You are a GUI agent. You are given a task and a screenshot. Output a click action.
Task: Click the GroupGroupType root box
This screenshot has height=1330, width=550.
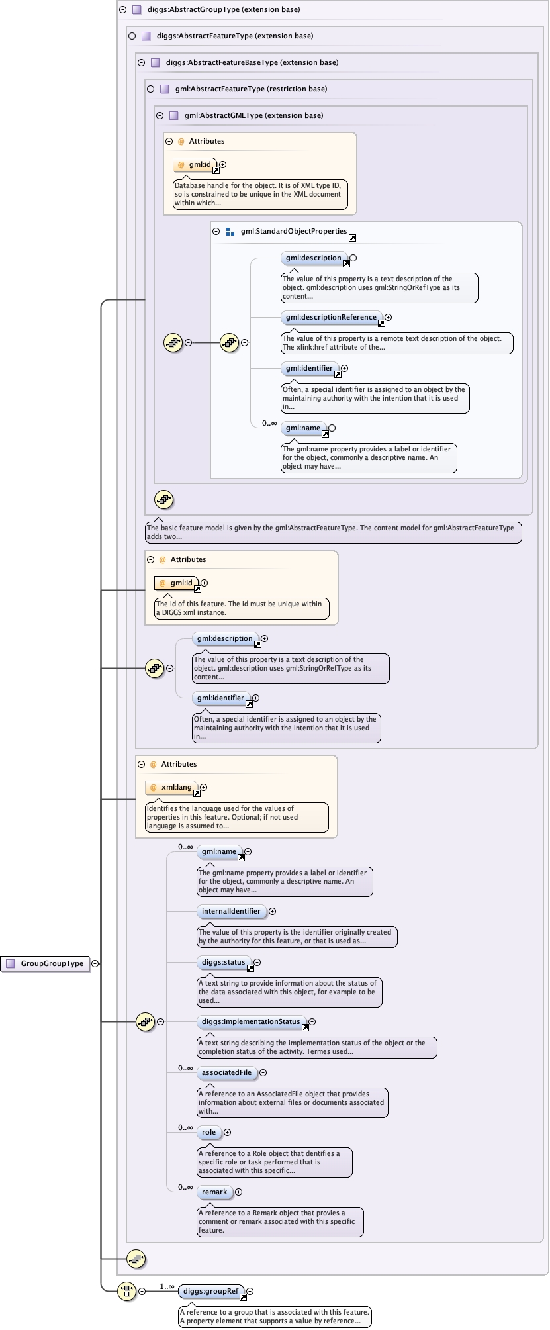[46, 963]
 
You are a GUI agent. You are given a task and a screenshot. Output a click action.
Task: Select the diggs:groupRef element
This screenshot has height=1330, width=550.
[210, 1290]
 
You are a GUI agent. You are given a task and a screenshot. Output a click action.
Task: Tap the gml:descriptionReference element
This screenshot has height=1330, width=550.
[331, 317]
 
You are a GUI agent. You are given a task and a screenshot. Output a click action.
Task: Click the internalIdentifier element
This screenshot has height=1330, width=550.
[231, 911]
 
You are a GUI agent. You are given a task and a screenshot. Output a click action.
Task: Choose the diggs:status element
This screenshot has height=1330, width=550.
[223, 962]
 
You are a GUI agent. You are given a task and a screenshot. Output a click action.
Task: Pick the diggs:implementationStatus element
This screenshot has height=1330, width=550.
[251, 1021]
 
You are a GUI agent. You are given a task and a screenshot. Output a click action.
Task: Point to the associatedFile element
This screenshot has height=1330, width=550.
[226, 1072]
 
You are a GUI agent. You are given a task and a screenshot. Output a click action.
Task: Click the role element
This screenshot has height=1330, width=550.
[209, 1132]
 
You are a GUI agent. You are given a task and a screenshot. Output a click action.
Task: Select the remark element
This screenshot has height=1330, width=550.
[214, 1192]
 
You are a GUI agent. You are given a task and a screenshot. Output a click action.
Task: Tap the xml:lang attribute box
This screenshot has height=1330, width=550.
[176, 787]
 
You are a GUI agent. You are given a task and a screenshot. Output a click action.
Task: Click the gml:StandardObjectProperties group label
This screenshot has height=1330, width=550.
[293, 231]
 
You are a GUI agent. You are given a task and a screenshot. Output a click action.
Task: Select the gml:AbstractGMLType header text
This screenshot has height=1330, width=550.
[253, 115]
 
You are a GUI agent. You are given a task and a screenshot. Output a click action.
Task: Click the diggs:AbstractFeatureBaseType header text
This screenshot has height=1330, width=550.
[252, 62]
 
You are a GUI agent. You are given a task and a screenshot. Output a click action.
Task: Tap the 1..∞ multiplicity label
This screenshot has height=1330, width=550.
[167, 1286]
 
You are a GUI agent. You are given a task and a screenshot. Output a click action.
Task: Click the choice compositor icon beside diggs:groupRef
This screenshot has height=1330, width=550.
[126, 1290]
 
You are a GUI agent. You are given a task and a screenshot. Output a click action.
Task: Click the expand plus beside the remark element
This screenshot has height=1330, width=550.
[238, 1192]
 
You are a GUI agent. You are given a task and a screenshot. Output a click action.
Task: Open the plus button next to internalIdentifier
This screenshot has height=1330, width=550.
[272, 911]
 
